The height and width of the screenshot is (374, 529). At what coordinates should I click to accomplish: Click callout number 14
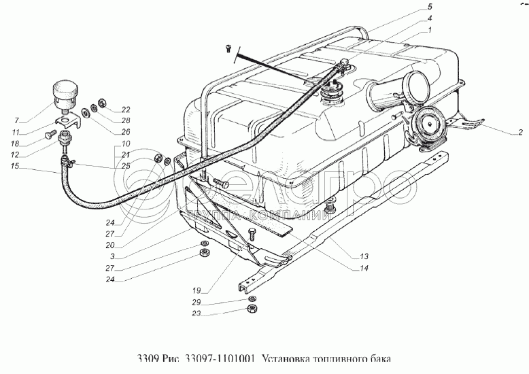tap(364, 268)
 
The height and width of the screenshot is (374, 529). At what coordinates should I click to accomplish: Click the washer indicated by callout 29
tap(252, 299)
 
